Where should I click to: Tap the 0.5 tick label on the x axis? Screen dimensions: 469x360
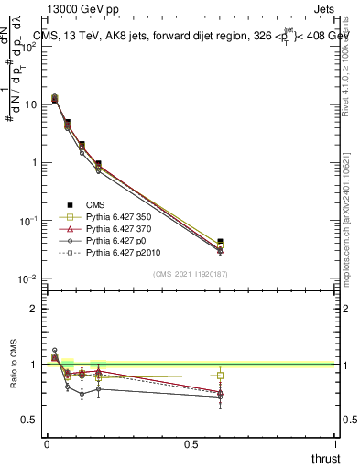tap(191, 443)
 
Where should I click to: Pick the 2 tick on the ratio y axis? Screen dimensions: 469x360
tap(33, 309)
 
